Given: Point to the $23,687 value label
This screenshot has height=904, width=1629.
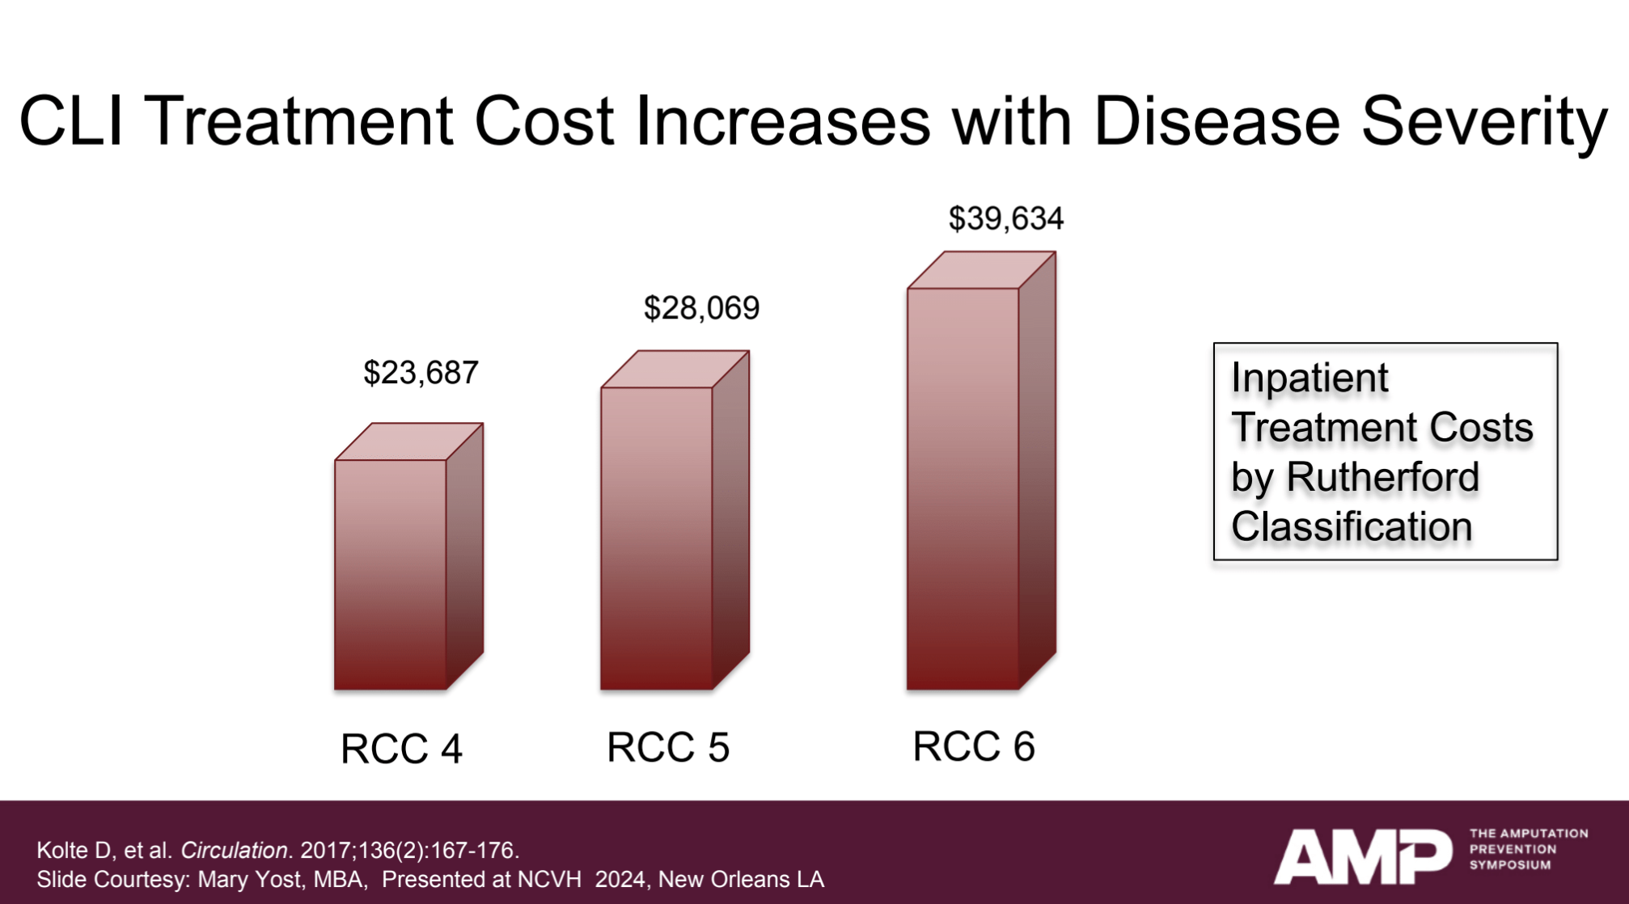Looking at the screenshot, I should click(x=421, y=373).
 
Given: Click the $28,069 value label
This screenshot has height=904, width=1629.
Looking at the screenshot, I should click(x=701, y=308).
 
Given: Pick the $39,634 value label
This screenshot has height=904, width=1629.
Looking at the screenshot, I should click(x=1005, y=218).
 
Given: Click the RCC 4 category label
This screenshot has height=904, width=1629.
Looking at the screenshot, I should click(x=401, y=748).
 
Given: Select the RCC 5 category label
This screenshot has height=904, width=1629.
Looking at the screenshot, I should click(x=668, y=746).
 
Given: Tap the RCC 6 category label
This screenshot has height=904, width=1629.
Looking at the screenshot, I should click(x=974, y=746).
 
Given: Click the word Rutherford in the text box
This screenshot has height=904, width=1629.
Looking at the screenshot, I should click(x=1382, y=477).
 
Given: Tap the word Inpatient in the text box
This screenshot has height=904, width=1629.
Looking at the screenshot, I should click(x=1310, y=378).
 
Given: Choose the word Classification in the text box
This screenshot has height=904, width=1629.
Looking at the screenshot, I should click(x=1352, y=527).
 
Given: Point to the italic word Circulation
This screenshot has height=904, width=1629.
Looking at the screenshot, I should click(x=234, y=851).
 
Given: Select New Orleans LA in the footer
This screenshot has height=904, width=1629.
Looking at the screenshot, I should click(x=741, y=879).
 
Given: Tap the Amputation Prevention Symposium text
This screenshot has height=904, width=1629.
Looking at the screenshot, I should click(x=1528, y=849).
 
